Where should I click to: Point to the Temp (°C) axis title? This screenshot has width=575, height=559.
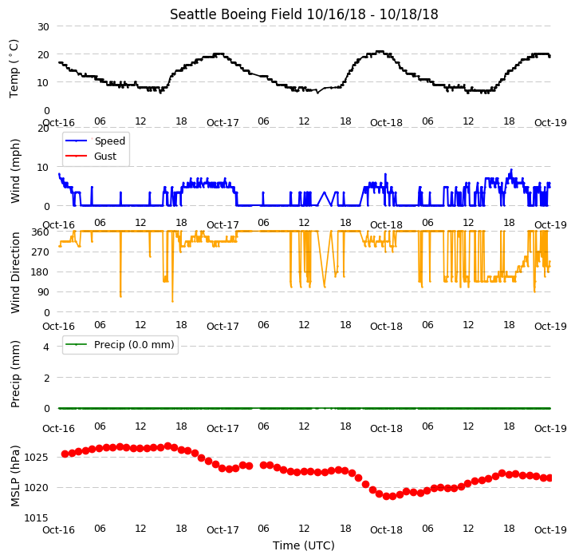pos(14,69)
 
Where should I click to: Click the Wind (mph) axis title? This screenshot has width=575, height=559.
pos(15,171)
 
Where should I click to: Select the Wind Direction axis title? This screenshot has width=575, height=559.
pos(15,272)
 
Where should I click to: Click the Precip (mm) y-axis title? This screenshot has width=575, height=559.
pos(15,374)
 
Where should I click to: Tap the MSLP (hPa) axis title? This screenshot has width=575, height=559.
pos(15,476)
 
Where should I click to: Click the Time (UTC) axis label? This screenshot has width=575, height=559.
pos(304,545)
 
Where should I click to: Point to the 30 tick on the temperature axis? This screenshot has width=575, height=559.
pos(43,27)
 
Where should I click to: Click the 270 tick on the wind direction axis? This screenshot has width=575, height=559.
pos(41,252)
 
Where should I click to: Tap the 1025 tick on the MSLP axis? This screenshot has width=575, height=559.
pos(37,458)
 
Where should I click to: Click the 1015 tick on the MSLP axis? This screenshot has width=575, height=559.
pos(37,517)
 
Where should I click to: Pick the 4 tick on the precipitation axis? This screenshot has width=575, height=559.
pos(46,347)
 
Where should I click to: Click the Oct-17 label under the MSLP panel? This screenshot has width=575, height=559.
pos(223,529)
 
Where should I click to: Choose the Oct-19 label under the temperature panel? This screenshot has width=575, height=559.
pos(550,122)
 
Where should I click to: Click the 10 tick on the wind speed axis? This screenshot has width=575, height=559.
pos(43,168)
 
